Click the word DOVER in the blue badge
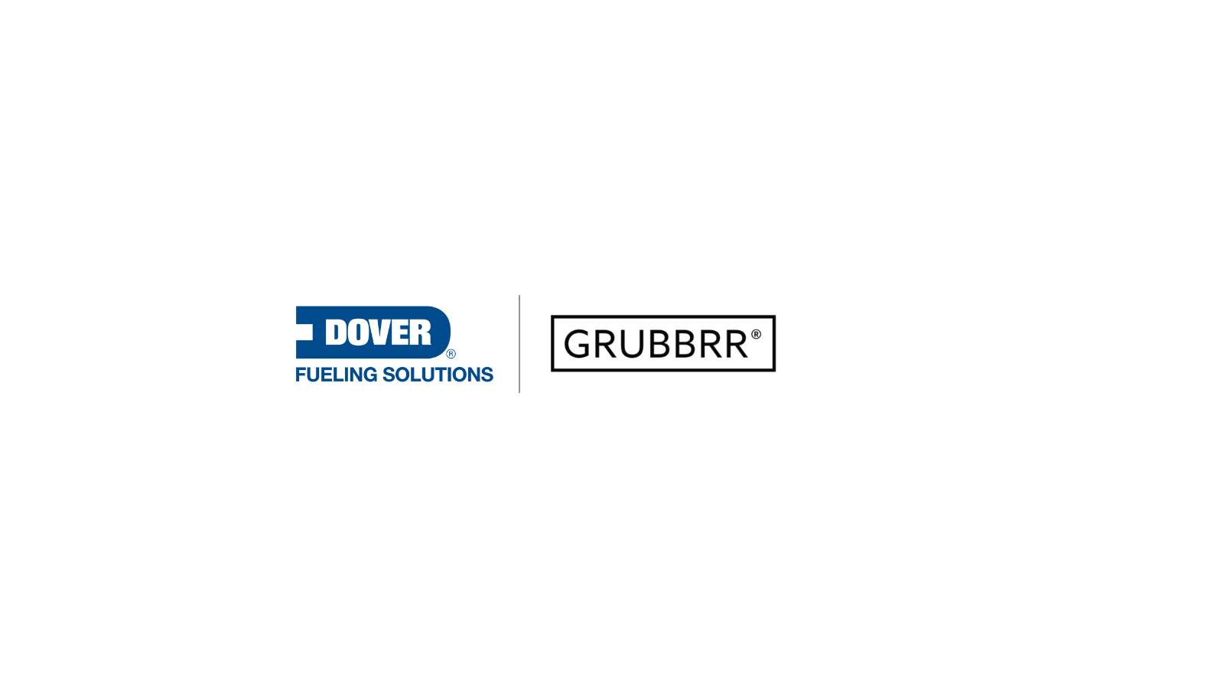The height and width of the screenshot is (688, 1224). [378, 333]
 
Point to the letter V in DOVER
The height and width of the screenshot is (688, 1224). [380, 333]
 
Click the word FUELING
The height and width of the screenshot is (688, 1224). [336, 375]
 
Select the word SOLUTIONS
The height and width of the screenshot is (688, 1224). [438, 375]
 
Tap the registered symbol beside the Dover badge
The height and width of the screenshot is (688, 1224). [451, 354]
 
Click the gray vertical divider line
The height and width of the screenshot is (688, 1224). [519, 344]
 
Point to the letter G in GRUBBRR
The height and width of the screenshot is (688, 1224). [578, 344]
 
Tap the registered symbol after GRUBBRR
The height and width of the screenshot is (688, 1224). [756, 334]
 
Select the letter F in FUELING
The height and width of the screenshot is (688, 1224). [300, 375]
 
